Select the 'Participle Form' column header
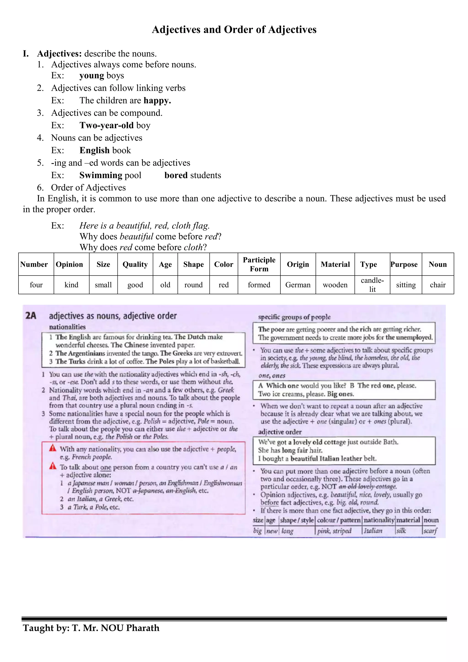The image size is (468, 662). [259, 264]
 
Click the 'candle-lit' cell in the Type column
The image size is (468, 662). [372, 285]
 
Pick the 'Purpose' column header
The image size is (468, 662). [404, 264]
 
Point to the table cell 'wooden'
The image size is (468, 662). [335, 285]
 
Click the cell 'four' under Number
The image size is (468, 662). [36, 285]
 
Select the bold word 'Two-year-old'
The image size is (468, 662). [106, 125]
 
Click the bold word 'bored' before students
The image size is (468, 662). [176, 175]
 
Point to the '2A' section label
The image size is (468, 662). [31, 316]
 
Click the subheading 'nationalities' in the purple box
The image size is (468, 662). [67, 327]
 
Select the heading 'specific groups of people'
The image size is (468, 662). [294, 317]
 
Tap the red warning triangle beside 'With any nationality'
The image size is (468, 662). [53, 448]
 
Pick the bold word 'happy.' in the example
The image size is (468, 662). [157, 101]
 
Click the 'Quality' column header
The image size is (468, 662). [135, 264]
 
